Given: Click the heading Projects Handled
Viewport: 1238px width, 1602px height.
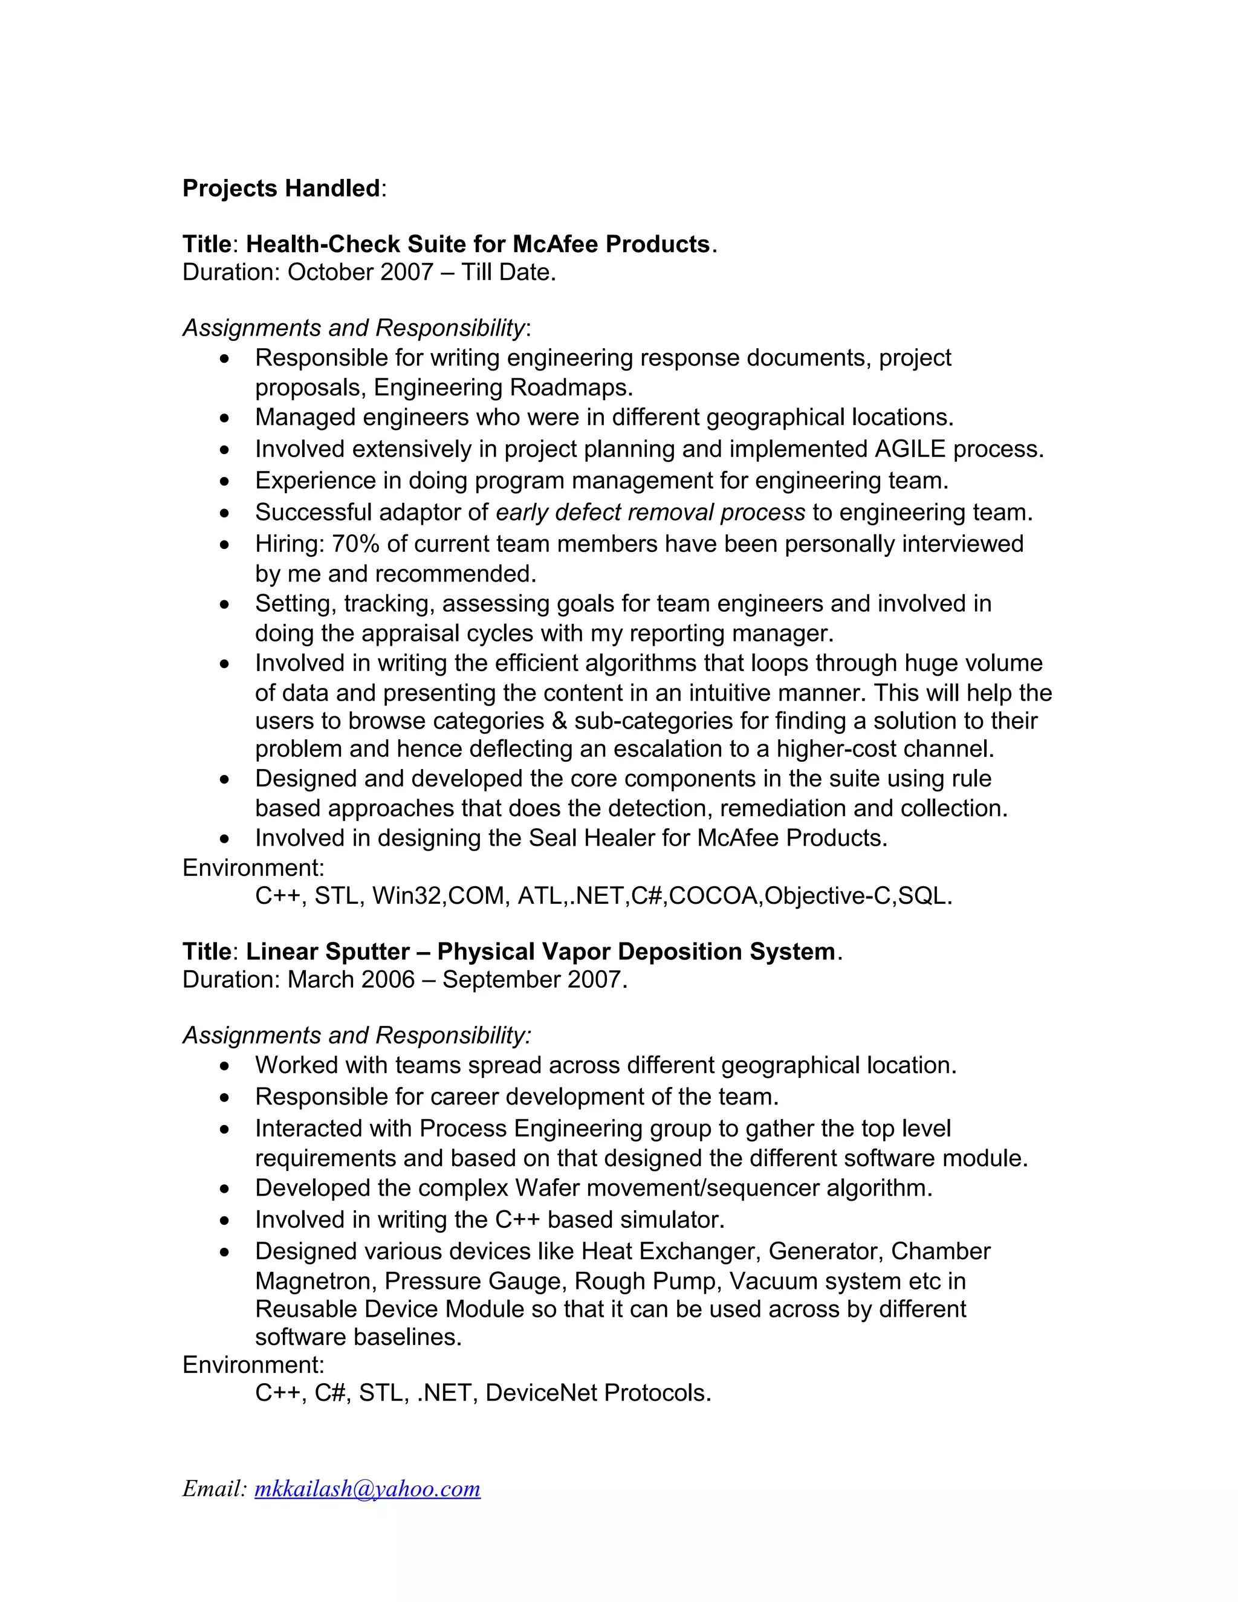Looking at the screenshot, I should tap(281, 189).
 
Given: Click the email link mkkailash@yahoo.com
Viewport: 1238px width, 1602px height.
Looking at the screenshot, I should tap(368, 1488).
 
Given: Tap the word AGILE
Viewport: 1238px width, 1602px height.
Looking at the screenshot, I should tap(910, 449).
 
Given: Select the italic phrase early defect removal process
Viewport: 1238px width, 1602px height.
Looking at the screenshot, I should tap(650, 512).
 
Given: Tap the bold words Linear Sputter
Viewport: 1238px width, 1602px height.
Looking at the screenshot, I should tap(327, 952).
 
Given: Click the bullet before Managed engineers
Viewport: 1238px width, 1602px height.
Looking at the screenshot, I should tap(225, 418).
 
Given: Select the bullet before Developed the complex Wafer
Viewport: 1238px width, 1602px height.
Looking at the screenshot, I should tap(225, 1189).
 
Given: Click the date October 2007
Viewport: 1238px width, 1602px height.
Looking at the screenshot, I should tap(361, 272).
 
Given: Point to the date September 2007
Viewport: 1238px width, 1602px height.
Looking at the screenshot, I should tap(533, 979).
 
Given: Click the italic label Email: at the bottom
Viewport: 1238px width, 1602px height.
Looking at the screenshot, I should tap(215, 1488).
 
